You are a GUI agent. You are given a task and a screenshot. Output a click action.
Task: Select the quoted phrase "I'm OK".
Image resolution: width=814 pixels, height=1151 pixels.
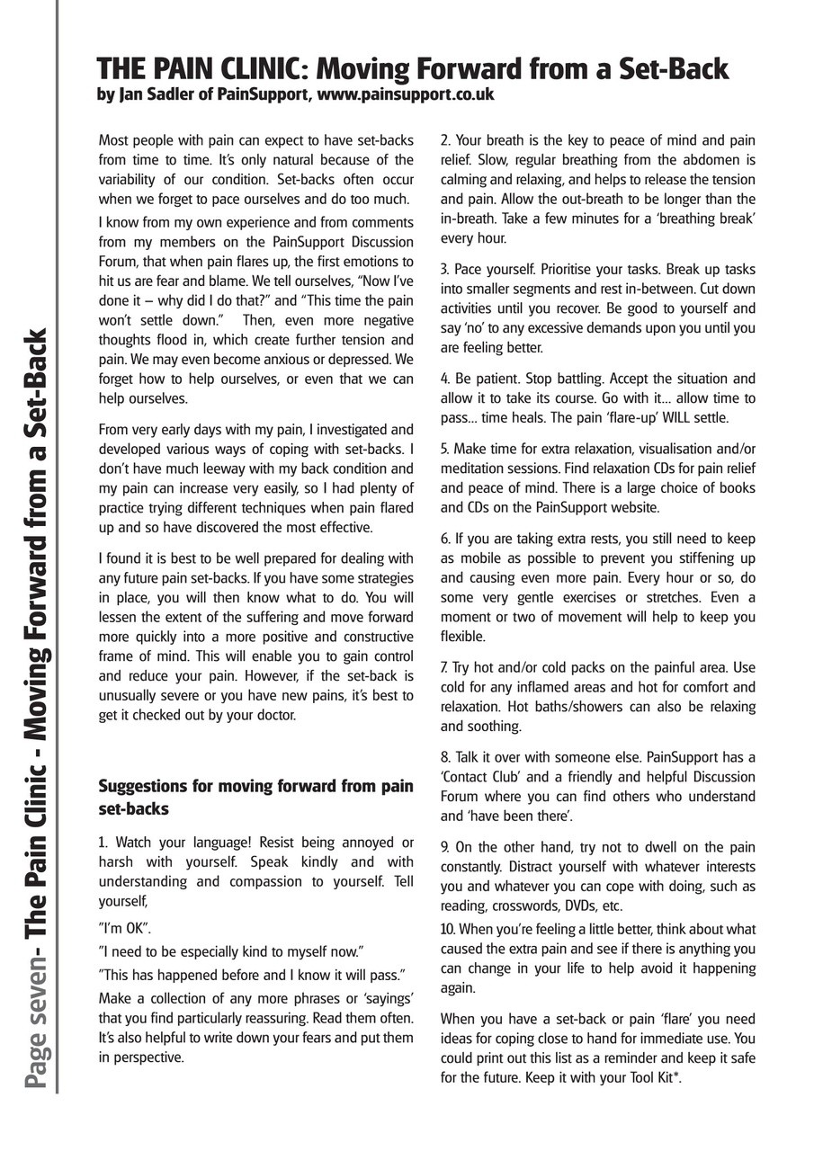pyautogui.click(x=124, y=927)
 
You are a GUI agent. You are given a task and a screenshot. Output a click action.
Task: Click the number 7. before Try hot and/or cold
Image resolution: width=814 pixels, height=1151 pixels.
pyautogui.click(x=445, y=667)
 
